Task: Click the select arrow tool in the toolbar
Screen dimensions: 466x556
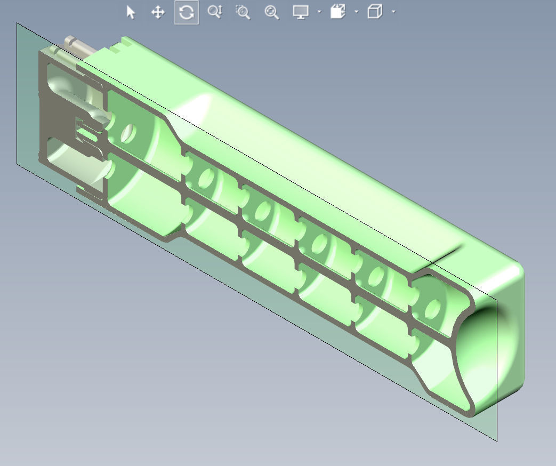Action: [x=131, y=12]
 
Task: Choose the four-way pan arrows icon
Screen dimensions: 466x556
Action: [x=158, y=12]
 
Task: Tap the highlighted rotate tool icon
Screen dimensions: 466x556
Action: [x=187, y=12]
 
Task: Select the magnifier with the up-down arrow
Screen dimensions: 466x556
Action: [x=215, y=12]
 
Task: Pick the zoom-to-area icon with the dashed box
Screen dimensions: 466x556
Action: [x=243, y=12]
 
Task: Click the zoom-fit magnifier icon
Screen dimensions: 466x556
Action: [x=272, y=12]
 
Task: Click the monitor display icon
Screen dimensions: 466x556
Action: [x=301, y=12]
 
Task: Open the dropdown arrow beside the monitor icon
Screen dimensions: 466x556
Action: [x=319, y=12]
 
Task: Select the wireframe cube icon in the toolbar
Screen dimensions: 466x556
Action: [x=375, y=12]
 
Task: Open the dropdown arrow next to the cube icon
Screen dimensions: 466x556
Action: [x=393, y=12]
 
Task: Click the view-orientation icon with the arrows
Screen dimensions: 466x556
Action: [x=338, y=12]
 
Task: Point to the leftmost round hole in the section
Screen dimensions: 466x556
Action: [x=128, y=133]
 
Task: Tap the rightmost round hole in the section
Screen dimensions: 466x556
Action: [x=432, y=308]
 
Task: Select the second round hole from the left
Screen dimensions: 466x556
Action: [x=205, y=179]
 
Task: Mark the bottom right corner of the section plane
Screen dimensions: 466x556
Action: [x=497, y=440]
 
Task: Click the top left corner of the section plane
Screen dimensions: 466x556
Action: [x=17, y=23]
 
